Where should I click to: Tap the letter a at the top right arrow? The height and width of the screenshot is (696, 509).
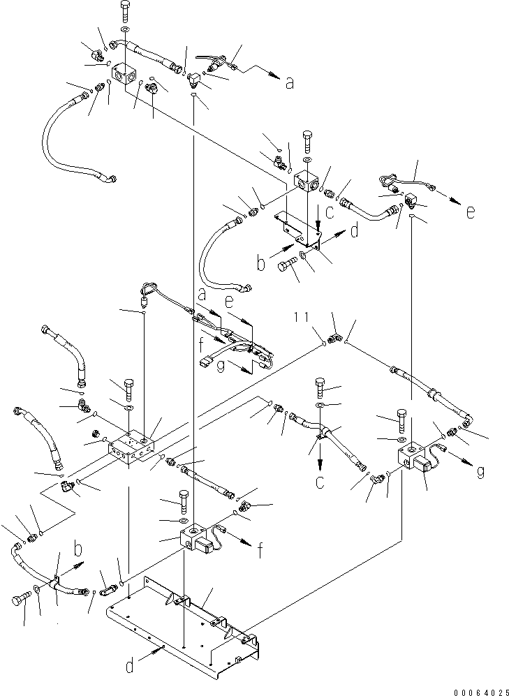pyautogui.click(x=289, y=83)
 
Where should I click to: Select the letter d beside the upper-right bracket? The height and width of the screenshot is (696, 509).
pyautogui.click(x=354, y=230)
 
